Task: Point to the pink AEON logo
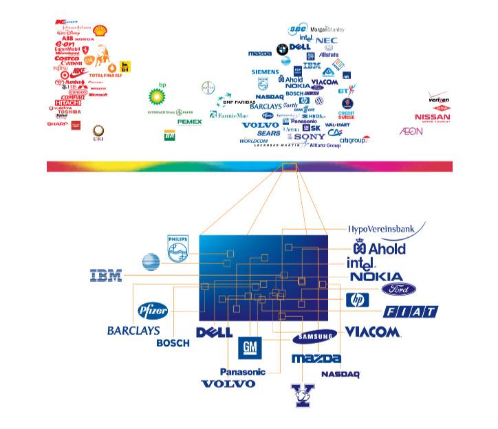(411, 131)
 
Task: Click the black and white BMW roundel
(282, 49)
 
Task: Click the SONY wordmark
(305, 136)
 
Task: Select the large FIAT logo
(411, 313)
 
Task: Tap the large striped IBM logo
(106, 276)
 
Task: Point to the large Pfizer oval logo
(153, 310)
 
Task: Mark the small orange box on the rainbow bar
(290, 166)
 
